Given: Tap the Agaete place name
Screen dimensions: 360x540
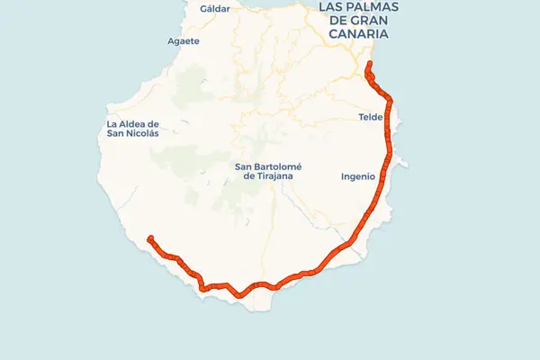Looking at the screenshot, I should click(x=184, y=40).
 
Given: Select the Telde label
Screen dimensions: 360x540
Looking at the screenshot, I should click(x=371, y=117).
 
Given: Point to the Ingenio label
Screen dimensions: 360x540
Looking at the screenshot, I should click(x=357, y=176).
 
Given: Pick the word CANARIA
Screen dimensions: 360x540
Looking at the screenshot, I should click(x=357, y=33).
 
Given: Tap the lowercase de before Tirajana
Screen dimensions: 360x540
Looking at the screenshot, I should click(x=250, y=177).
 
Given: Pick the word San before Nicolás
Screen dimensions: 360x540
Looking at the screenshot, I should click(x=114, y=134).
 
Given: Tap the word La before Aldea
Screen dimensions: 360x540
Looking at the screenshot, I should click(x=112, y=123).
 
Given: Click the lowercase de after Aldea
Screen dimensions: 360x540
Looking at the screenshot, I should click(x=154, y=123).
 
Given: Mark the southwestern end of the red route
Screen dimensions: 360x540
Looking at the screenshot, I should click(x=150, y=238).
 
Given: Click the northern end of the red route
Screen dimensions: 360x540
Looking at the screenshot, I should click(x=369, y=64).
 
